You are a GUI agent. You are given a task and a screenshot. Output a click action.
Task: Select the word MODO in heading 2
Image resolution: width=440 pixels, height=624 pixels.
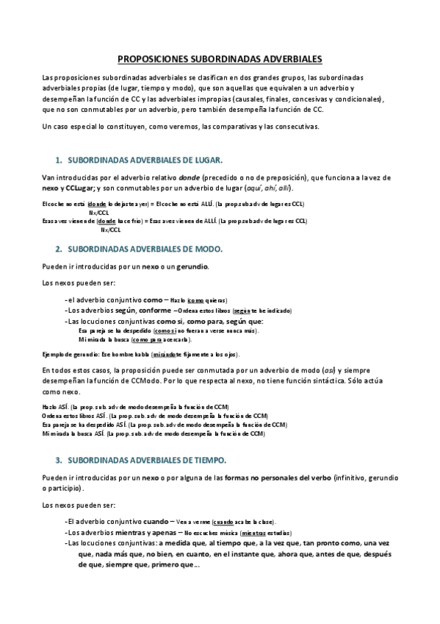[206, 249]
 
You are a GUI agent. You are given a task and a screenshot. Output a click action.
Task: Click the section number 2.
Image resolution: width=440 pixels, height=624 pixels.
[58, 249]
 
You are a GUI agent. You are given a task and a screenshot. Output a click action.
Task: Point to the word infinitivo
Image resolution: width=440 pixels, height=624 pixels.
[356, 478]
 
